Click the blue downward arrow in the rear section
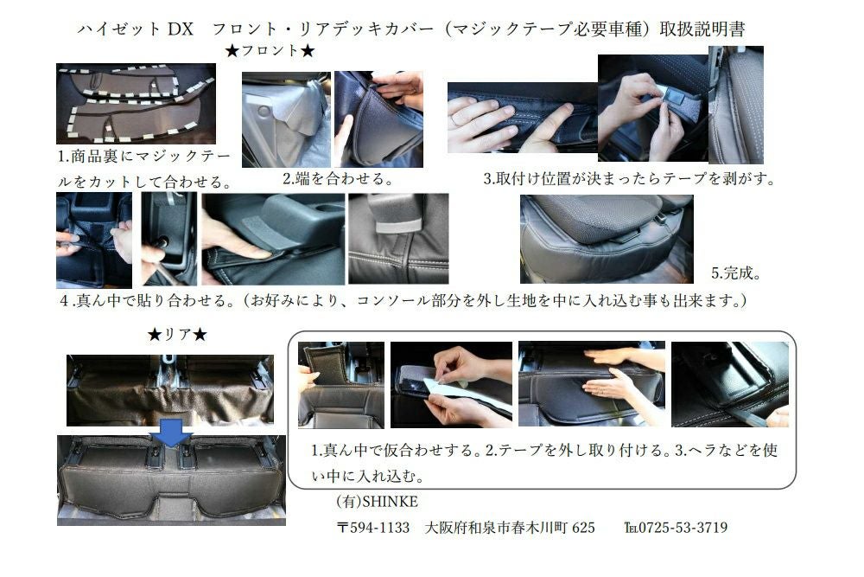tap(171, 432)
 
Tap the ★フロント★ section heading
tap(270, 51)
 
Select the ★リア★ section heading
tap(177, 334)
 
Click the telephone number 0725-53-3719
tap(676, 528)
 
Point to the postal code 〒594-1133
tap(373, 528)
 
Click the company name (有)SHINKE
tap(378, 502)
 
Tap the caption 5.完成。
tap(736, 272)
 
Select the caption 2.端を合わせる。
tap(338, 179)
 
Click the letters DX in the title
tap(181, 29)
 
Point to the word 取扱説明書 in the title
tap(702, 29)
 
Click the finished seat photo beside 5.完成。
tap(607, 239)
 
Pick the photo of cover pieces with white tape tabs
tap(137, 104)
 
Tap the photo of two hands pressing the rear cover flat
tap(592, 384)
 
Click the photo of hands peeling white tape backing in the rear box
tap(451, 384)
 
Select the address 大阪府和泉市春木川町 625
tap(510, 528)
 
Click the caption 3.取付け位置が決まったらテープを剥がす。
tap(629, 179)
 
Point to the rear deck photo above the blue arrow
tap(170, 390)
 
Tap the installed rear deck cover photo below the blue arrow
tap(171, 480)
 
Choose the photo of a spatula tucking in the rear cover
tap(730, 384)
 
